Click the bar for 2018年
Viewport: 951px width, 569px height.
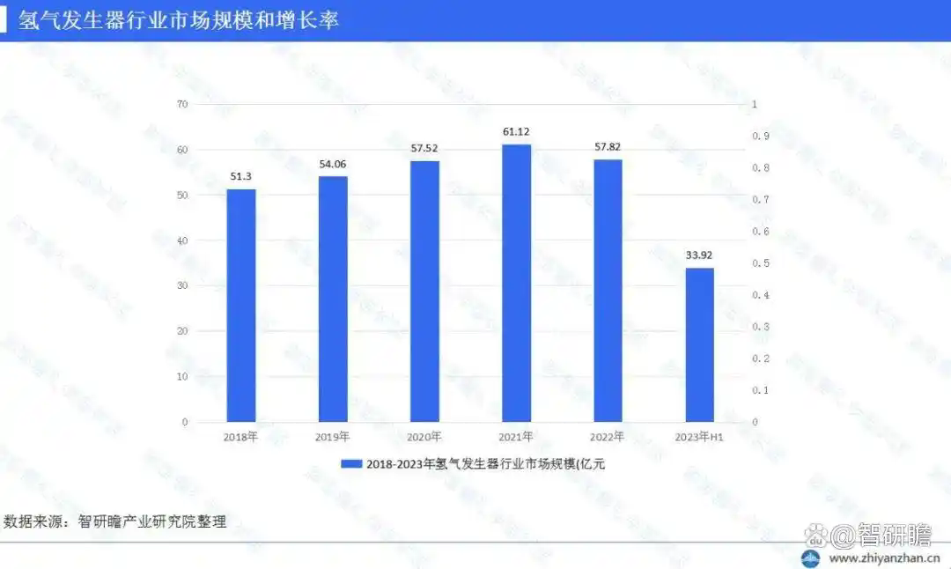[241, 305]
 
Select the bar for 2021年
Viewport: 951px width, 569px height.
[517, 283]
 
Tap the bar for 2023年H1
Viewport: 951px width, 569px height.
[699, 344]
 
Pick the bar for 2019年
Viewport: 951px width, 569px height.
[333, 299]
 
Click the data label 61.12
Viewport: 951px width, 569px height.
[517, 132]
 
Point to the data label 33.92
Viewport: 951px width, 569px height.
[700, 256]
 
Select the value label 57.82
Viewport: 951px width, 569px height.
[608, 147]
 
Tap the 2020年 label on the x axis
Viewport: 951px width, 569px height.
[424, 437]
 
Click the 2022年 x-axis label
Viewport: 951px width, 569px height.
[608, 437]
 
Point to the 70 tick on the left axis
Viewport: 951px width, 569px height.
[182, 104]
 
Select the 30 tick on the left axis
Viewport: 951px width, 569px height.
[182, 286]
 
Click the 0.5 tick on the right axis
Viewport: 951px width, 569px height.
[760, 263]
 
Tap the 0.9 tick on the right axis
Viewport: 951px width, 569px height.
[760, 137]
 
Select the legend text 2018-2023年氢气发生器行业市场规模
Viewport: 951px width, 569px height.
[485, 464]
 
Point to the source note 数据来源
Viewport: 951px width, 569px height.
[115, 521]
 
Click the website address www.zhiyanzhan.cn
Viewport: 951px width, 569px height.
[881, 558]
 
